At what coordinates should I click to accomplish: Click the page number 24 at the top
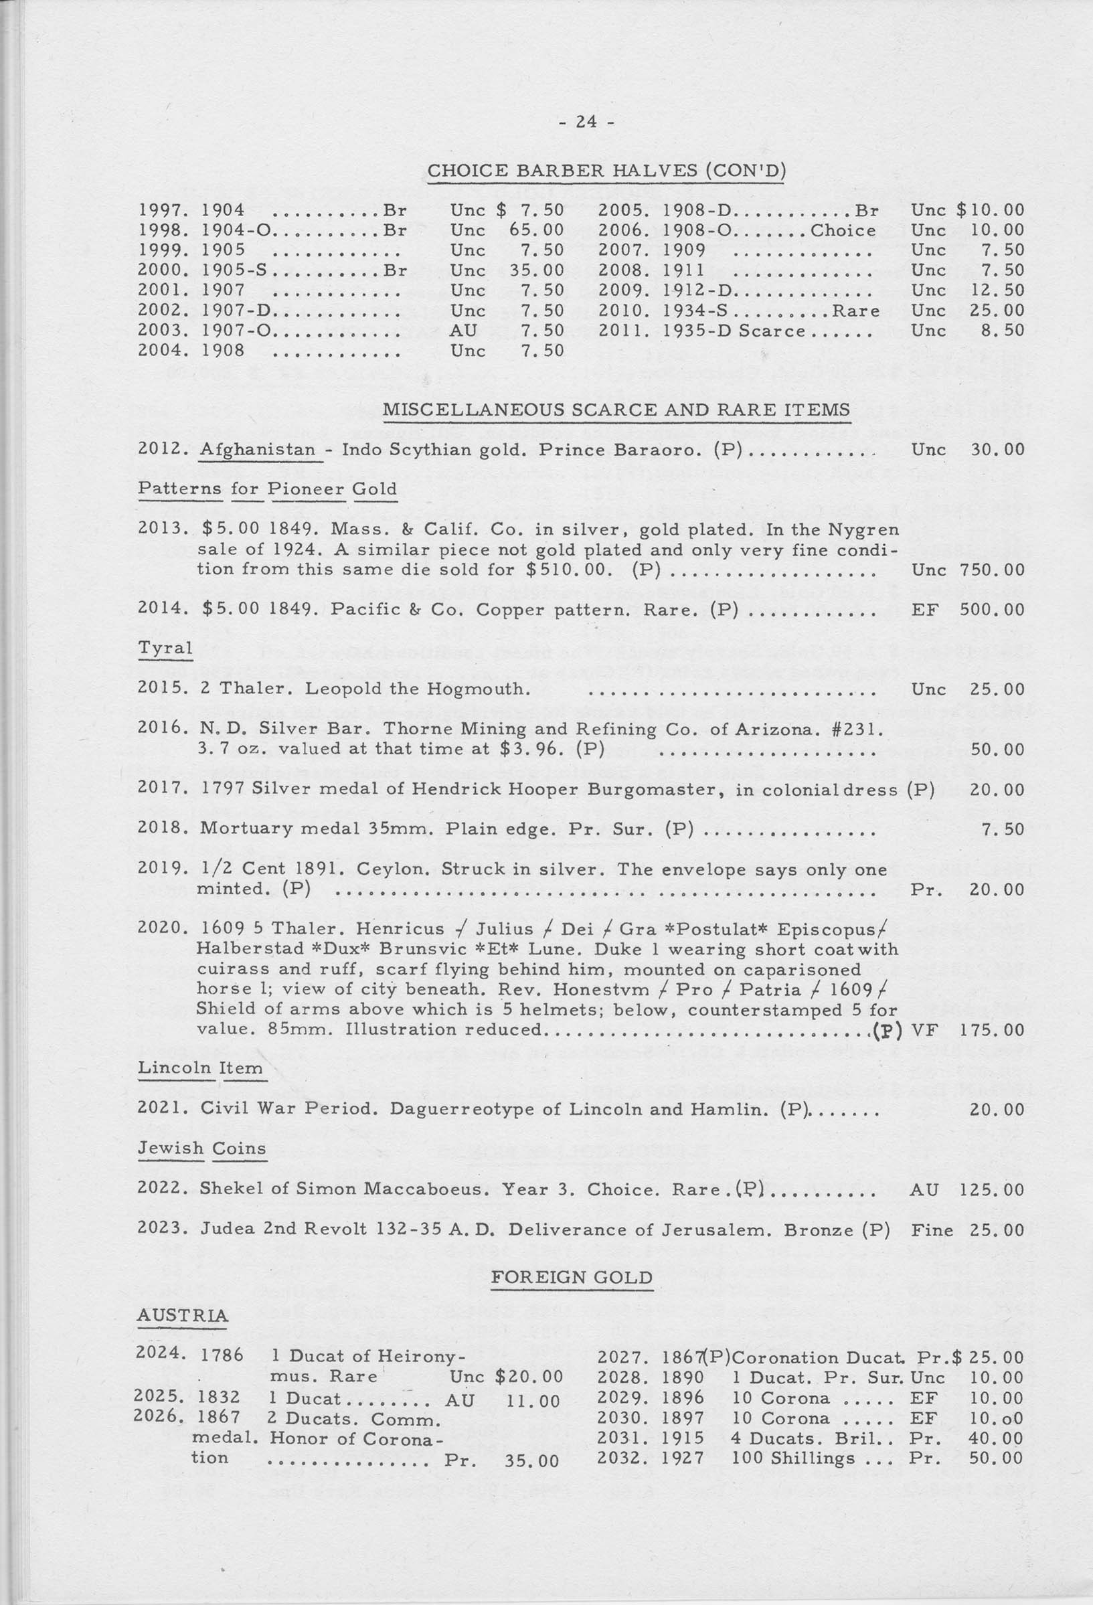pos(586,122)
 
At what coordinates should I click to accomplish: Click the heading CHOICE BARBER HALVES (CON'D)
pos(607,170)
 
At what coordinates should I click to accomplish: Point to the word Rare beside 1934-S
pos(856,311)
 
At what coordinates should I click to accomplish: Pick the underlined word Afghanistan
pos(258,450)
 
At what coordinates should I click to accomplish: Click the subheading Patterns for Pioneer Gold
pos(267,489)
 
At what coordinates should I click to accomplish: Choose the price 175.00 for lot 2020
pos(991,1029)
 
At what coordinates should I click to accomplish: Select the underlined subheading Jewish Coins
pos(201,1149)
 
